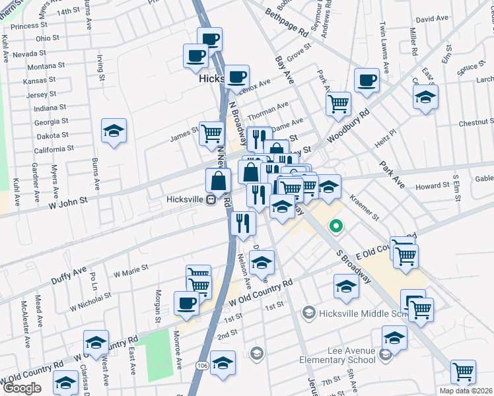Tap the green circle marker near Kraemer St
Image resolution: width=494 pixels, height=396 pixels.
[x=336, y=227]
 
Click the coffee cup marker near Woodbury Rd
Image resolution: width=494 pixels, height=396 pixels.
[x=367, y=80]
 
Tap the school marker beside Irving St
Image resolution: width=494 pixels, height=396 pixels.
[x=114, y=130]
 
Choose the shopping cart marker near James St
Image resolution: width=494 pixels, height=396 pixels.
[x=211, y=133]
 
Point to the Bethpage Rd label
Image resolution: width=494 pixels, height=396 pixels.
[x=287, y=23]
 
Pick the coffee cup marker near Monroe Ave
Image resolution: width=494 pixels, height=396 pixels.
[x=186, y=302]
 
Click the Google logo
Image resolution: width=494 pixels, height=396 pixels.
[x=22, y=388]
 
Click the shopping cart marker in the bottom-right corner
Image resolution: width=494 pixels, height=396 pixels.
[x=464, y=371]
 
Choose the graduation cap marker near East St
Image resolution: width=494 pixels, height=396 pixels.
[x=426, y=96]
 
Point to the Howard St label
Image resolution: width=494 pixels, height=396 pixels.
[x=433, y=187]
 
